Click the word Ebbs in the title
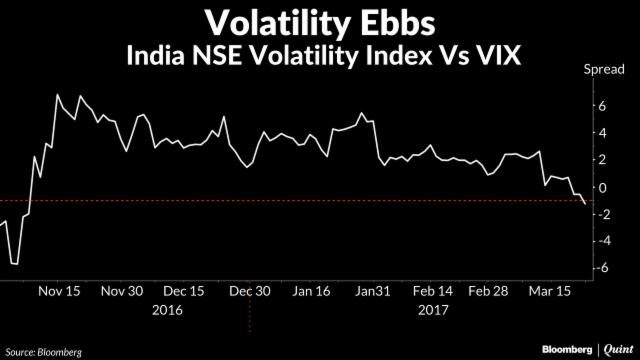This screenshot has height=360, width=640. click(x=409, y=21)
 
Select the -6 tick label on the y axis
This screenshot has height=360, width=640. click(x=601, y=268)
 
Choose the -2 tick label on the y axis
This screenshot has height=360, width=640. click(x=601, y=214)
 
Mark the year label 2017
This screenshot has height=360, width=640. click(x=431, y=310)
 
